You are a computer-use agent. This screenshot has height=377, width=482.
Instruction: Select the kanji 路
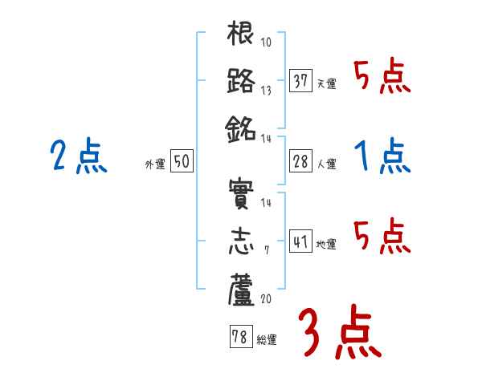[241, 81]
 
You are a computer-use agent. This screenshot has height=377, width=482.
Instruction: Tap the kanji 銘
[241, 128]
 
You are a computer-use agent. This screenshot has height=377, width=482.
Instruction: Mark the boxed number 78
[239, 338]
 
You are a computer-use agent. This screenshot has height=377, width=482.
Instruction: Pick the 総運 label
[267, 340]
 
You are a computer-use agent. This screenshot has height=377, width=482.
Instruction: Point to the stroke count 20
[265, 298]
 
